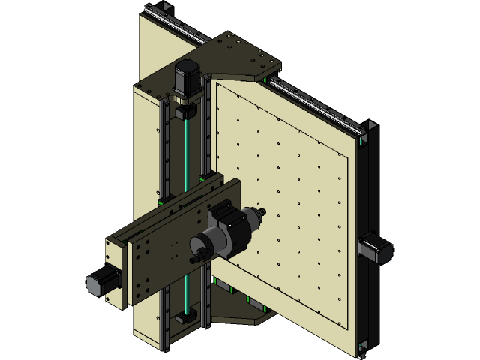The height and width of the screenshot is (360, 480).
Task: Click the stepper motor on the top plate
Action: pos(186,77)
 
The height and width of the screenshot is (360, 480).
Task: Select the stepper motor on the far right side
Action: pos(375,247)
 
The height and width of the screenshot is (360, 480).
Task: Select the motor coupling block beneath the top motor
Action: pos(185,111)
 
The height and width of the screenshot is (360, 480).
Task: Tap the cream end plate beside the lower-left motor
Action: pos(115,274)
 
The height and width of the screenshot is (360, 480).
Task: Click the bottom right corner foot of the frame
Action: pos(364,346)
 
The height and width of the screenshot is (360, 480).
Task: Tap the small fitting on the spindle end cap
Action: pos(196,257)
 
